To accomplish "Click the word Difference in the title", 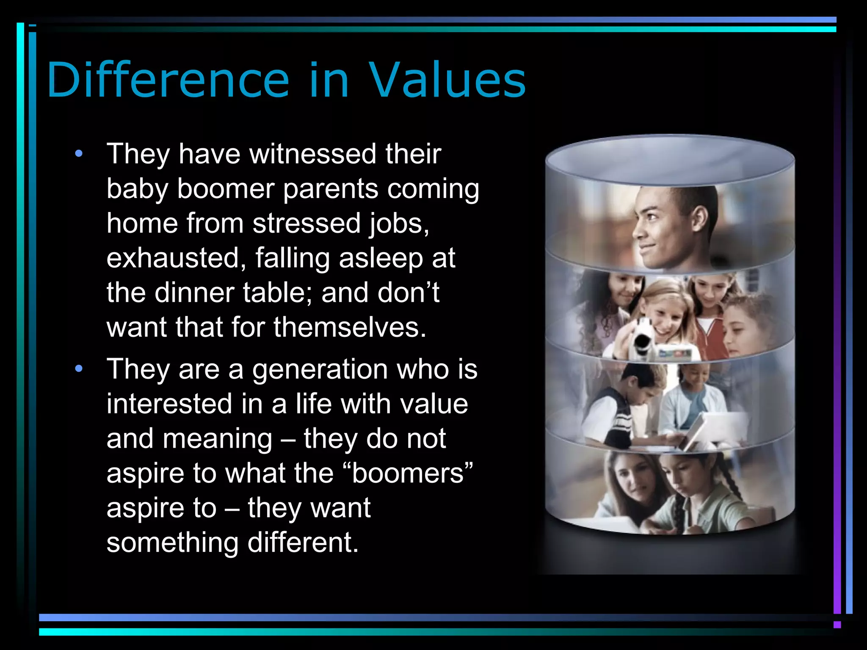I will [168, 80].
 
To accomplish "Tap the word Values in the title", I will [447, 80].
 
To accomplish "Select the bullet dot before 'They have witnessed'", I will [79, 154].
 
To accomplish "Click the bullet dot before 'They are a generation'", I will [79, 369].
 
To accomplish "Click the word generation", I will [320, 369].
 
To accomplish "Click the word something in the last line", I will [172, 543].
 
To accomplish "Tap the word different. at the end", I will [303, 543].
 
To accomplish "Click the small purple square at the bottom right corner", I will [837, 625].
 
